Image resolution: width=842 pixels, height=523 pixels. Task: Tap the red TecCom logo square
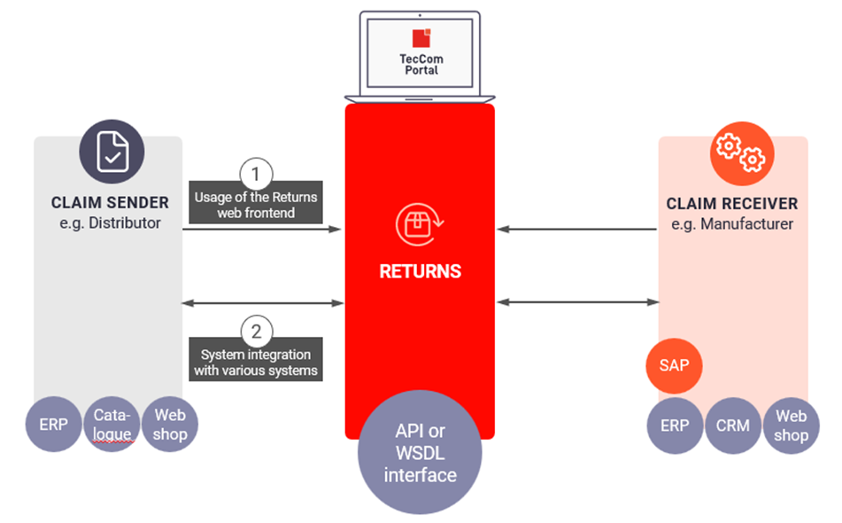click(x=421, y=37)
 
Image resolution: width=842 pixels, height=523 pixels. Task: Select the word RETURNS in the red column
click(x=420, y=270)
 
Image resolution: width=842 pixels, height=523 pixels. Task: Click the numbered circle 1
click(x=256, y=172)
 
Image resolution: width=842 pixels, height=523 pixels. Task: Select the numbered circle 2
click(x=256, y=332)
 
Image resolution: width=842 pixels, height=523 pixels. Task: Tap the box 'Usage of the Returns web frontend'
click(x=256, y=204)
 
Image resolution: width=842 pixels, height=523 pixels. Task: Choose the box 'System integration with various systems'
click(x=256, y=363)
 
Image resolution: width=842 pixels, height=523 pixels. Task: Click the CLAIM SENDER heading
click(x=110, y=203)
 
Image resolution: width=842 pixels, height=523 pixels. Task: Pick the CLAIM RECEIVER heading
click(x=732, y=204)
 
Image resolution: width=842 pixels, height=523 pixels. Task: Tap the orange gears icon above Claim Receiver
click(x=739, y=152)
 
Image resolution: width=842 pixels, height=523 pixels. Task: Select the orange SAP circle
click(x=674, y=364)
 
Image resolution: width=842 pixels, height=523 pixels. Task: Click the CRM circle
click(x=732, y=425)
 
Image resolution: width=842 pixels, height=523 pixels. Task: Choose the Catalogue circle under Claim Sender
click(x=112, y=425)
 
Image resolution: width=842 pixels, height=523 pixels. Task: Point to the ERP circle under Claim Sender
click(x=54, y=425)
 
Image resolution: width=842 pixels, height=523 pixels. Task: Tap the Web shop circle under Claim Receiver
click(x=791, y=425)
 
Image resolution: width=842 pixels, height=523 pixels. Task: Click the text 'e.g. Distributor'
click(x=110, y=223)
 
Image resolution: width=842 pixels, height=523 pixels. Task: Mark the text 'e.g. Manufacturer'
click(x=732, y=224)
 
